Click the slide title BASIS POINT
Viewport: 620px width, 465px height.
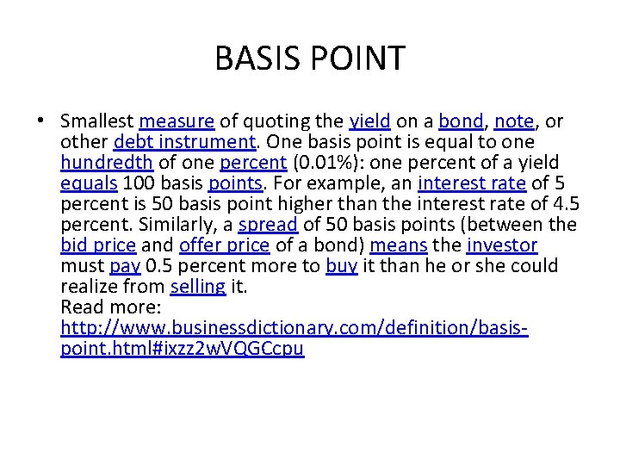[309, 59]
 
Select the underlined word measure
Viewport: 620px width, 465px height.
[176, 121]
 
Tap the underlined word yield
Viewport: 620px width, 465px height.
[370, 121]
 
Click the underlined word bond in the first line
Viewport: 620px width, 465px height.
[461, 121]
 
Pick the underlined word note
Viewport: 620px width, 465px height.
[514, 121]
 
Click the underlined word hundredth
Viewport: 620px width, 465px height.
[107, 163]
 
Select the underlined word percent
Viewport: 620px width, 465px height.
[253, 163]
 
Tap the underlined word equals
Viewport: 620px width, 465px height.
[90, 183]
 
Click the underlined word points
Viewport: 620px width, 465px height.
[235, 183]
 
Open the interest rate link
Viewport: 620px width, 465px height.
[471, 183]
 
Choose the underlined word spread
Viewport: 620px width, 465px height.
[269, 225]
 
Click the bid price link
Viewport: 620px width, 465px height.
[98, 245]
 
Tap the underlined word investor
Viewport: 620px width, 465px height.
[502, 245]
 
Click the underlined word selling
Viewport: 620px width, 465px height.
[198, 287]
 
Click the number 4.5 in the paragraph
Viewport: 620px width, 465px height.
[565, 204]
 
